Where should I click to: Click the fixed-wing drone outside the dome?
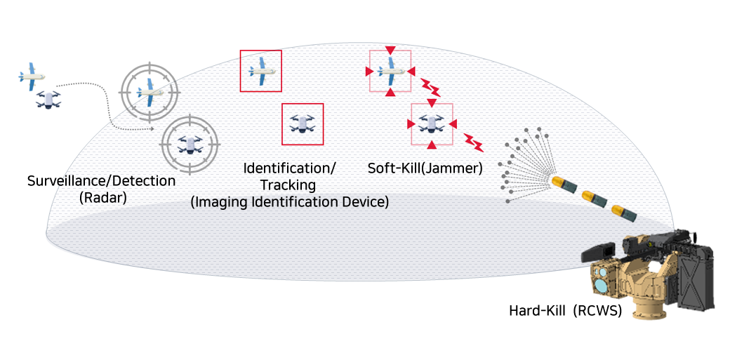32,76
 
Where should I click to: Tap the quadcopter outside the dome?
48,100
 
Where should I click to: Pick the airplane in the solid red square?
260,70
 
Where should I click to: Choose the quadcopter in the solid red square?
303,124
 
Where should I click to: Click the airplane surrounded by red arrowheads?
390,71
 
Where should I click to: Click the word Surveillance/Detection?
101,181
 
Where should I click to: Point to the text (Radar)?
102,197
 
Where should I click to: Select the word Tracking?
288,185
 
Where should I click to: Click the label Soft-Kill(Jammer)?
425,168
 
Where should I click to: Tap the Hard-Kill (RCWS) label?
565,310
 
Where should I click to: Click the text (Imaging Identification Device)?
290,202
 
